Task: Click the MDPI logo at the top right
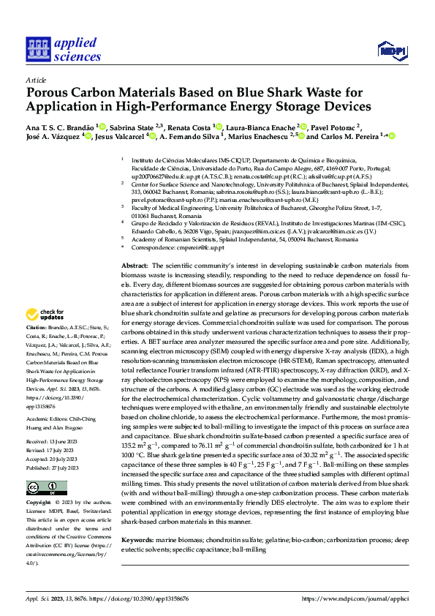coord(390,50)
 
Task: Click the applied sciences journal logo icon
coord(37,50)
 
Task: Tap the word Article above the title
coord(36,80)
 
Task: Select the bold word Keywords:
coord(137,539)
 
